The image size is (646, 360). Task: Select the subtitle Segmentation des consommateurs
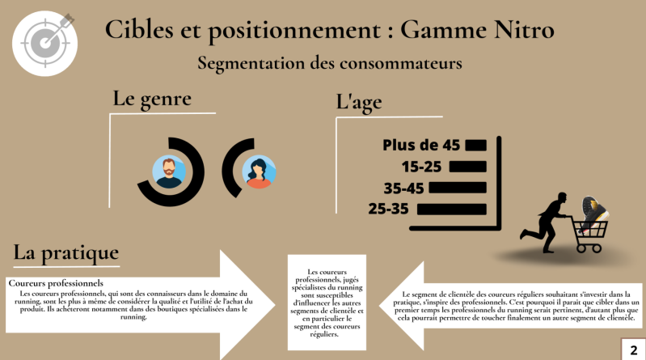329,61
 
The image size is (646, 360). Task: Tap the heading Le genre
152,100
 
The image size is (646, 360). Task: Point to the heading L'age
359,103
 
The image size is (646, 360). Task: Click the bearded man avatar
169,172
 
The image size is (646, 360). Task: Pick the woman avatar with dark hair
259,172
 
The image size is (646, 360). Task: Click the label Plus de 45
421,145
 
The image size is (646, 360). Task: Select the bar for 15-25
467,167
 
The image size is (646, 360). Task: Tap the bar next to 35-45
458,188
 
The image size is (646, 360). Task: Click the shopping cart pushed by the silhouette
589,231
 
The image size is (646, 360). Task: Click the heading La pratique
66,252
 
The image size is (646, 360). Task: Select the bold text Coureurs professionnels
56,283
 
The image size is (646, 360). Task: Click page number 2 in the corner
632,349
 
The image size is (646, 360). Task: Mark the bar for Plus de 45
475,145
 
